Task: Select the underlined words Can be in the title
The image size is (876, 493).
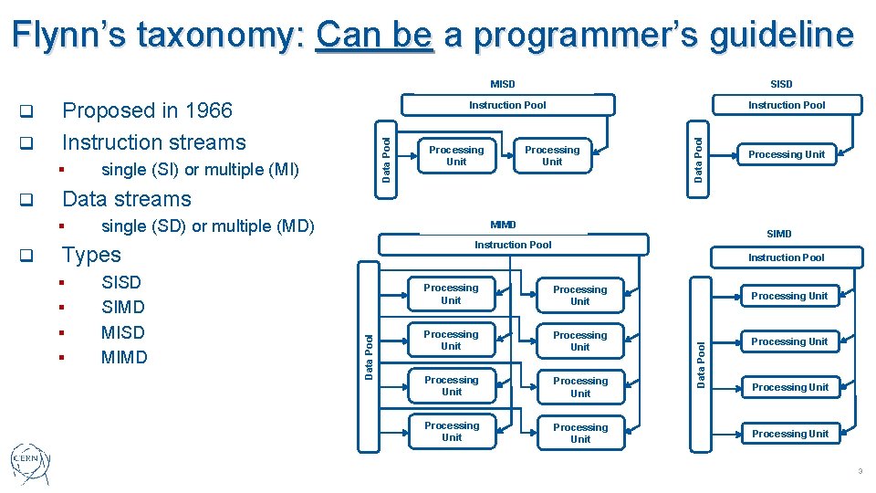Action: click(373, 36)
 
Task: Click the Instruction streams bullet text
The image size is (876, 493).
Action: click(153, 142)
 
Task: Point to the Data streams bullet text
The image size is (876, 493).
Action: click(126, 199)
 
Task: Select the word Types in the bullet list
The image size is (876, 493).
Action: click(90, 255)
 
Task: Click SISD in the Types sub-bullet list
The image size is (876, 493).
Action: click(121, 283)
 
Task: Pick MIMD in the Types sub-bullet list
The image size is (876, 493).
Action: click(123, 357)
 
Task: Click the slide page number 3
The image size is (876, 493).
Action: click(859, 471)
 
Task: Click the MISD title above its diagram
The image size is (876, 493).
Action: click(502, 84)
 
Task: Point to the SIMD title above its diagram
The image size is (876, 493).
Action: click(778, 234)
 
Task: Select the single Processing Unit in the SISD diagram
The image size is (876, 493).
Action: click(786, 154)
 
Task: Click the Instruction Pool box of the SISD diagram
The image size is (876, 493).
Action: click(786, 105)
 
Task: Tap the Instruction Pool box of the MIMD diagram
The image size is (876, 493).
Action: click(513, 245)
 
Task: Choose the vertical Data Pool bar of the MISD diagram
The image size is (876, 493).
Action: click(386, 156)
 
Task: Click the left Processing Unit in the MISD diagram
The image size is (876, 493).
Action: click(456, 156)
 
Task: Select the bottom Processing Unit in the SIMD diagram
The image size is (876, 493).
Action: click(789, 434)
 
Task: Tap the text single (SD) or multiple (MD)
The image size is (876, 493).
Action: click(207, 226)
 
